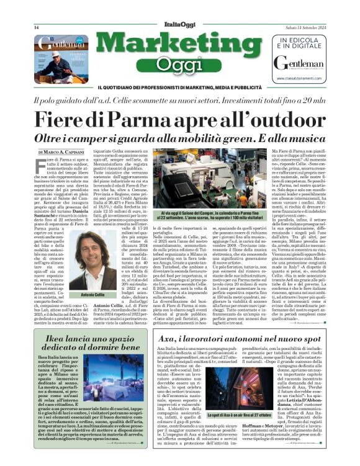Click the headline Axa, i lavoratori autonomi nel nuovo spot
click(238, 341)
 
